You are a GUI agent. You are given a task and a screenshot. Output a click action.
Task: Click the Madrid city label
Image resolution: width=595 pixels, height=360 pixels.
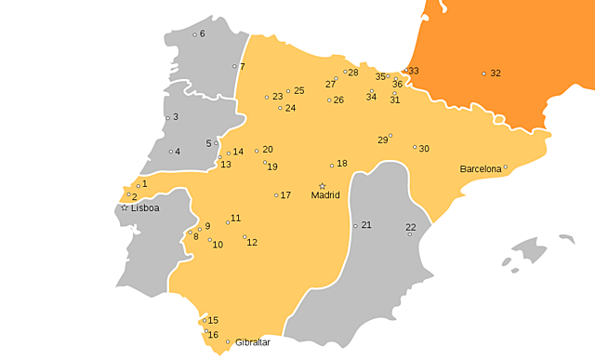(x=325, y=195)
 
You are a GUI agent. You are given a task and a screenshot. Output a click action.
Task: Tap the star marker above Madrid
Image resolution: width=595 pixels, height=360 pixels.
(x=323, y=186)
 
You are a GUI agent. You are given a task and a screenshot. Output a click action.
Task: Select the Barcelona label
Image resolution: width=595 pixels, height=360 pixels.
(x=480, y=169)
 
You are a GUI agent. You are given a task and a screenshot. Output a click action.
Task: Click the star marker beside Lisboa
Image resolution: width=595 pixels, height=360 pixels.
(x=124, y=207)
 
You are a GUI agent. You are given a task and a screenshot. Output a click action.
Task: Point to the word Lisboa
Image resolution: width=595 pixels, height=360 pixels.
(x=145, y=208)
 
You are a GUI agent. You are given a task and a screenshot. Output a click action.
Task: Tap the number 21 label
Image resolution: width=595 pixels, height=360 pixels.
(x=366, y=225)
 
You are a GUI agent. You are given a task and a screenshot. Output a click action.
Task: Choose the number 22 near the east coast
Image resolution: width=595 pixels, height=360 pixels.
(x=411, y=227)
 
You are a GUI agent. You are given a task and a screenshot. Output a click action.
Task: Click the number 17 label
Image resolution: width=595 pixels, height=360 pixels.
(x=285, y=195)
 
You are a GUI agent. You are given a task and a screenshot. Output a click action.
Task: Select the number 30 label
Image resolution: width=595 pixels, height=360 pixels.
(x=424, y=149)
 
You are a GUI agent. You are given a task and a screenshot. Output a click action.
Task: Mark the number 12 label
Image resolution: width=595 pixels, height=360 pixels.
(x=252, y=243)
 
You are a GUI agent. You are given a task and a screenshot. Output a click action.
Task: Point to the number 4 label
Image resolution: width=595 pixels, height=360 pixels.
(x=177, y=152)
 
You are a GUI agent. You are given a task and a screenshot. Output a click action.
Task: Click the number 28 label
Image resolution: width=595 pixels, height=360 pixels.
(x=353, y=72)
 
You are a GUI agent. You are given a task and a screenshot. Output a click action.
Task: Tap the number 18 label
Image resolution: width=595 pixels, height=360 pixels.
(x=342, y=164)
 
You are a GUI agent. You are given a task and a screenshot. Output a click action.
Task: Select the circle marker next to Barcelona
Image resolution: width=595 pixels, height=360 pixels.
(x=506, y=168)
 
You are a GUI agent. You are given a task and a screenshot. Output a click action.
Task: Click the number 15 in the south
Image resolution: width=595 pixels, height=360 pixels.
(x=213, y=320)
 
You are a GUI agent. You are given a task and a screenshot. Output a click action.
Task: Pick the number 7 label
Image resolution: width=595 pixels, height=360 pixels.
(x=242, y=67)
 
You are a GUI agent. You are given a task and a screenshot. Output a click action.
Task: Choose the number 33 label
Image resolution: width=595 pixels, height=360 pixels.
(x=414, y=71)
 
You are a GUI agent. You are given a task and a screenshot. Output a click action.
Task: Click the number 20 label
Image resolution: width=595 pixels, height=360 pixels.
(x=268, y=150)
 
